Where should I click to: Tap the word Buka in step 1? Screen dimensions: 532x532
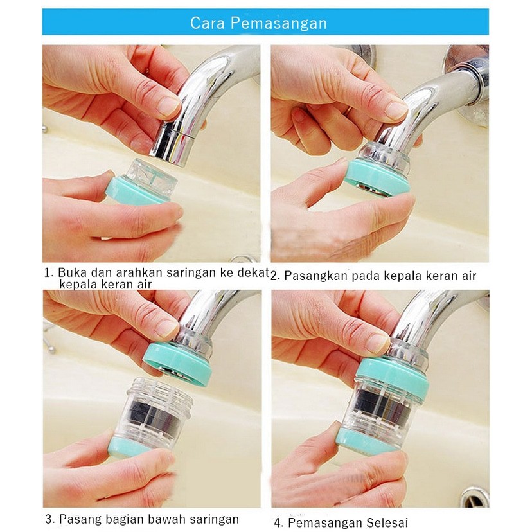coord(71,272)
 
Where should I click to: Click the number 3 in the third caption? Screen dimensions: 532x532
coord(49,519)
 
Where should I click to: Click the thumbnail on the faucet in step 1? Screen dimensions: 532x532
coord(168,105)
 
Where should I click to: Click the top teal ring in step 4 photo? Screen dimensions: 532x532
coord(393,377)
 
